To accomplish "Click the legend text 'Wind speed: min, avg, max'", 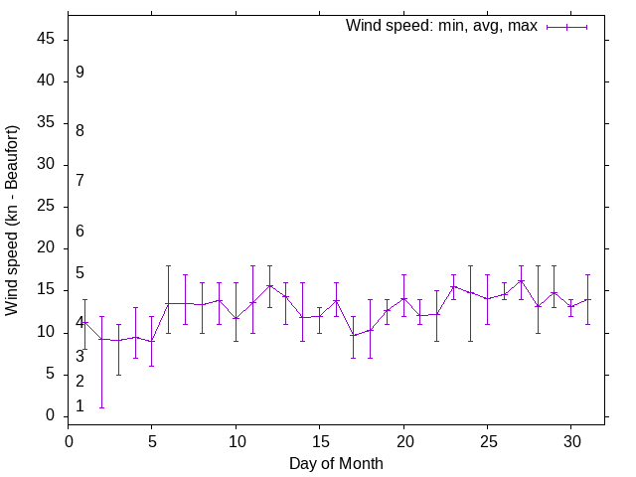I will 441,26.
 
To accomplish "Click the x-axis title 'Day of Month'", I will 336,463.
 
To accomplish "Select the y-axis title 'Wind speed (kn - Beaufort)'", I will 12,221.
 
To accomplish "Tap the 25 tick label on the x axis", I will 487,440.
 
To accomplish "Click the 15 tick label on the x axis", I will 320,440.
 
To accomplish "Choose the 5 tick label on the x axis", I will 152,440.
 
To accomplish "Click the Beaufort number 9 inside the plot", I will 79,73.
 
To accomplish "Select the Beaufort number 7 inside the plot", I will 79,180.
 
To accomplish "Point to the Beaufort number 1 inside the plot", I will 79,406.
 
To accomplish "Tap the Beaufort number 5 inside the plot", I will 79,273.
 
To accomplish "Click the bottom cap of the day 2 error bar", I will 101,407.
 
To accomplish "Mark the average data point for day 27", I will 521,280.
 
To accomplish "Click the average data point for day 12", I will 269,285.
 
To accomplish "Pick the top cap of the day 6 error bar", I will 169,265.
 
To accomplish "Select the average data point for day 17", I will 353,335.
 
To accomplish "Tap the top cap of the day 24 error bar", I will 470,265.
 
